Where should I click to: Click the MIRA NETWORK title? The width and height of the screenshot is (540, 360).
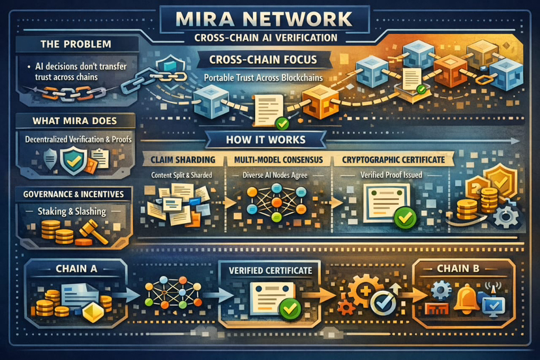(269, 18)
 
